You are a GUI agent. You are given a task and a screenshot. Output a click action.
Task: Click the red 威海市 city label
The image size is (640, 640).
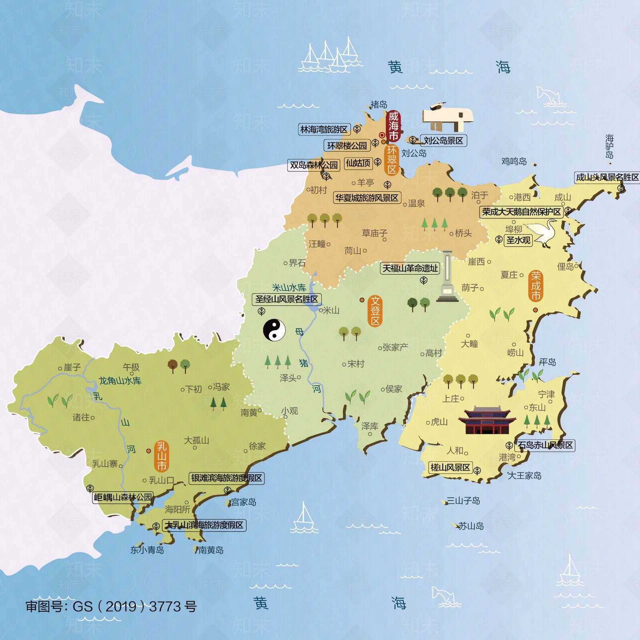tap(394, 126)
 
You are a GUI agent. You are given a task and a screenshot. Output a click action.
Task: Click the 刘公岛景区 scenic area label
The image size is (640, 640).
tap(443, 140)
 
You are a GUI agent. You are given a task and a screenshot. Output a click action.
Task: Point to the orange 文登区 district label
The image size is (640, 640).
tap(375, 311)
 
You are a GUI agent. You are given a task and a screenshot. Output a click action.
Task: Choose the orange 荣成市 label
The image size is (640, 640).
tap(536, 286)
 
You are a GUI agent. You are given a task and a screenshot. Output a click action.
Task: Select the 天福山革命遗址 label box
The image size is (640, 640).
tap(410, 268)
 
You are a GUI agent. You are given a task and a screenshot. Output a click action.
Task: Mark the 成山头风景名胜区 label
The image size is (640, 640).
tap(607, 177)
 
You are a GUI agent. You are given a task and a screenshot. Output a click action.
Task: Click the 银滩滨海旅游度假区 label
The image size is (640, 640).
tap(226, 478)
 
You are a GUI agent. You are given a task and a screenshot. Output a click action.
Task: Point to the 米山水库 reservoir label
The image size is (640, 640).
tap(289, 288)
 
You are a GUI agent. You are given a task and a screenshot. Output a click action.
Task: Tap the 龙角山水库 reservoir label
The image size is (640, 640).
tap(120, 380)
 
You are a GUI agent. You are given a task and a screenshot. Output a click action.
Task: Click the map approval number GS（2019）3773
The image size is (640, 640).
tap(111, 606)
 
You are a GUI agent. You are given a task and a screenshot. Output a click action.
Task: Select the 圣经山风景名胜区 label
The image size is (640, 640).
tap(287, 299)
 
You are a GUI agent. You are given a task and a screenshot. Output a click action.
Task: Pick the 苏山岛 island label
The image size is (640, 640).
tap(470, 526)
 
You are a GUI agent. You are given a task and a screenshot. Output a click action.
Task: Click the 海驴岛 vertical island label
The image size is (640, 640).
tap(609, 146)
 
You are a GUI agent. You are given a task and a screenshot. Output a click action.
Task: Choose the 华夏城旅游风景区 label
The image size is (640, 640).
tap(367, 198)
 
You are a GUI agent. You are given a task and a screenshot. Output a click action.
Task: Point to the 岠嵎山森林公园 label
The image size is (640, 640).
tap(123, 498)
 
